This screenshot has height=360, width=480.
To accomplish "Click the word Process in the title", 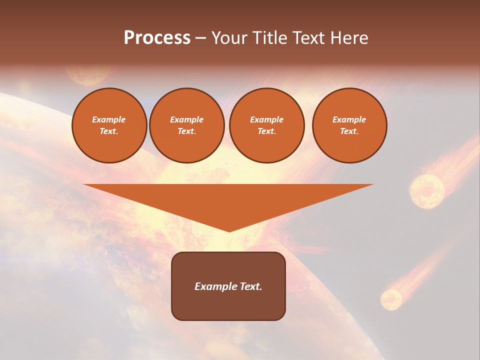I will [x=157, y=38].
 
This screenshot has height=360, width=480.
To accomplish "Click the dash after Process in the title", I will [x=201, y=39].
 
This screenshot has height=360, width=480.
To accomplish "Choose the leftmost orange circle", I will [x=109, y=125].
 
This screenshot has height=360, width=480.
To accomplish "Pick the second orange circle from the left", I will [x=187, y=125].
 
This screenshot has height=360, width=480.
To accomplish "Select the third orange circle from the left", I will [x=267, y=125].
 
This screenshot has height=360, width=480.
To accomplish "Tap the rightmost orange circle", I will [x=349, y=125].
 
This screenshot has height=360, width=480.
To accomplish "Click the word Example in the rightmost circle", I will [x=349, y=119].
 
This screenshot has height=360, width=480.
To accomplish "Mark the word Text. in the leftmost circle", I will [x=109, y=131].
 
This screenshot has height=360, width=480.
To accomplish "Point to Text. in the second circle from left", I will [x=187, y=131].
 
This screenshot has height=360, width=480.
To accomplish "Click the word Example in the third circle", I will [x=267, y=119].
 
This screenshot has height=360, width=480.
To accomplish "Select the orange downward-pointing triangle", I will [x=228, y=200].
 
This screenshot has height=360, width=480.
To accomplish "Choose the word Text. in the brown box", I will [x=251, y=286].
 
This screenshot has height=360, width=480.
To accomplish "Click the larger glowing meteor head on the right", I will [x=427, y=190].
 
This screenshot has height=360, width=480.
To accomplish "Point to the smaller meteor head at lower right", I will [x=391, y=299].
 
